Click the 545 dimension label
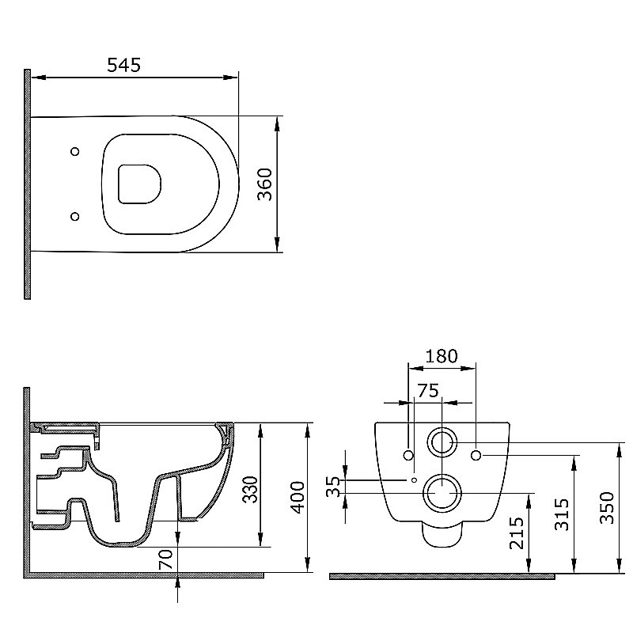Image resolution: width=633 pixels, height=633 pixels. pyautogui.click(x=124, y=65)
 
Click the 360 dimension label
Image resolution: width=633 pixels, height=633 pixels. pyautogui.click(x=265, y=184)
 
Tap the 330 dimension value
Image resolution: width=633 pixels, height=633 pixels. pyautogui.click(x=249, y=490)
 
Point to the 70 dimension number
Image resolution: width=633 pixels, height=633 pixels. pyautogui.click(x=165, y=559)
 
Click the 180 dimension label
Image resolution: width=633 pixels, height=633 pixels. pyautogui.click(x=442, y=356)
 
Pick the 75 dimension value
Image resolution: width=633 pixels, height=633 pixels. pyautogui.click(x=428, y=391)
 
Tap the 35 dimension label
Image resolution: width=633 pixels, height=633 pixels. pyautogui.click(x=334, y=487)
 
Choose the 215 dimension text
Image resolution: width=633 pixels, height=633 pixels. pyautogui.click(x=517, y=533)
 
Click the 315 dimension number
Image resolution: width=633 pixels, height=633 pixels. pyautogui.click(x=562, y=514)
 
